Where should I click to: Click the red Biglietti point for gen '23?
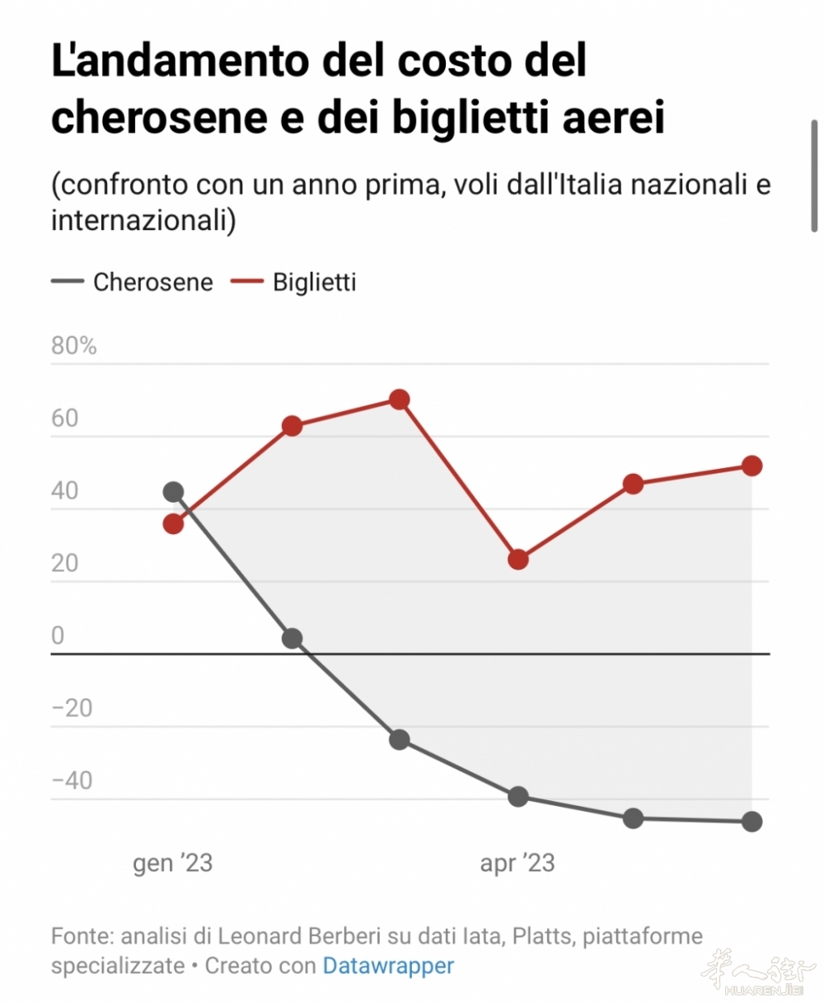[x=173, y=523]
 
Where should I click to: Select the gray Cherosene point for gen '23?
[x=173, y=492]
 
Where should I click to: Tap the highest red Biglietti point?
[x=400, y=400]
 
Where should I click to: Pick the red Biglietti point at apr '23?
[x=518, y=560]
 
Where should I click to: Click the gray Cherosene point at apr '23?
[x=518, y=796]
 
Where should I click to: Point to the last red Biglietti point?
[x=751, y=466]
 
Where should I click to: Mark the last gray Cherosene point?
[x=751, y=821]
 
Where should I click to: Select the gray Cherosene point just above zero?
[x=292, y=638]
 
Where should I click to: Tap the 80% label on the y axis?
[x=74, y=345]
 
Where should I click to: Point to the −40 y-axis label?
[x=72, y=780]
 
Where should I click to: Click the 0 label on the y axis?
[x=58, y=635]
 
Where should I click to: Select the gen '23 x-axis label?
[x=173, y=863]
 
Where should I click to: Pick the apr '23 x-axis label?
[x=517, y=863]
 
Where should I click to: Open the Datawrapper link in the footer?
[x=388, y=965]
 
